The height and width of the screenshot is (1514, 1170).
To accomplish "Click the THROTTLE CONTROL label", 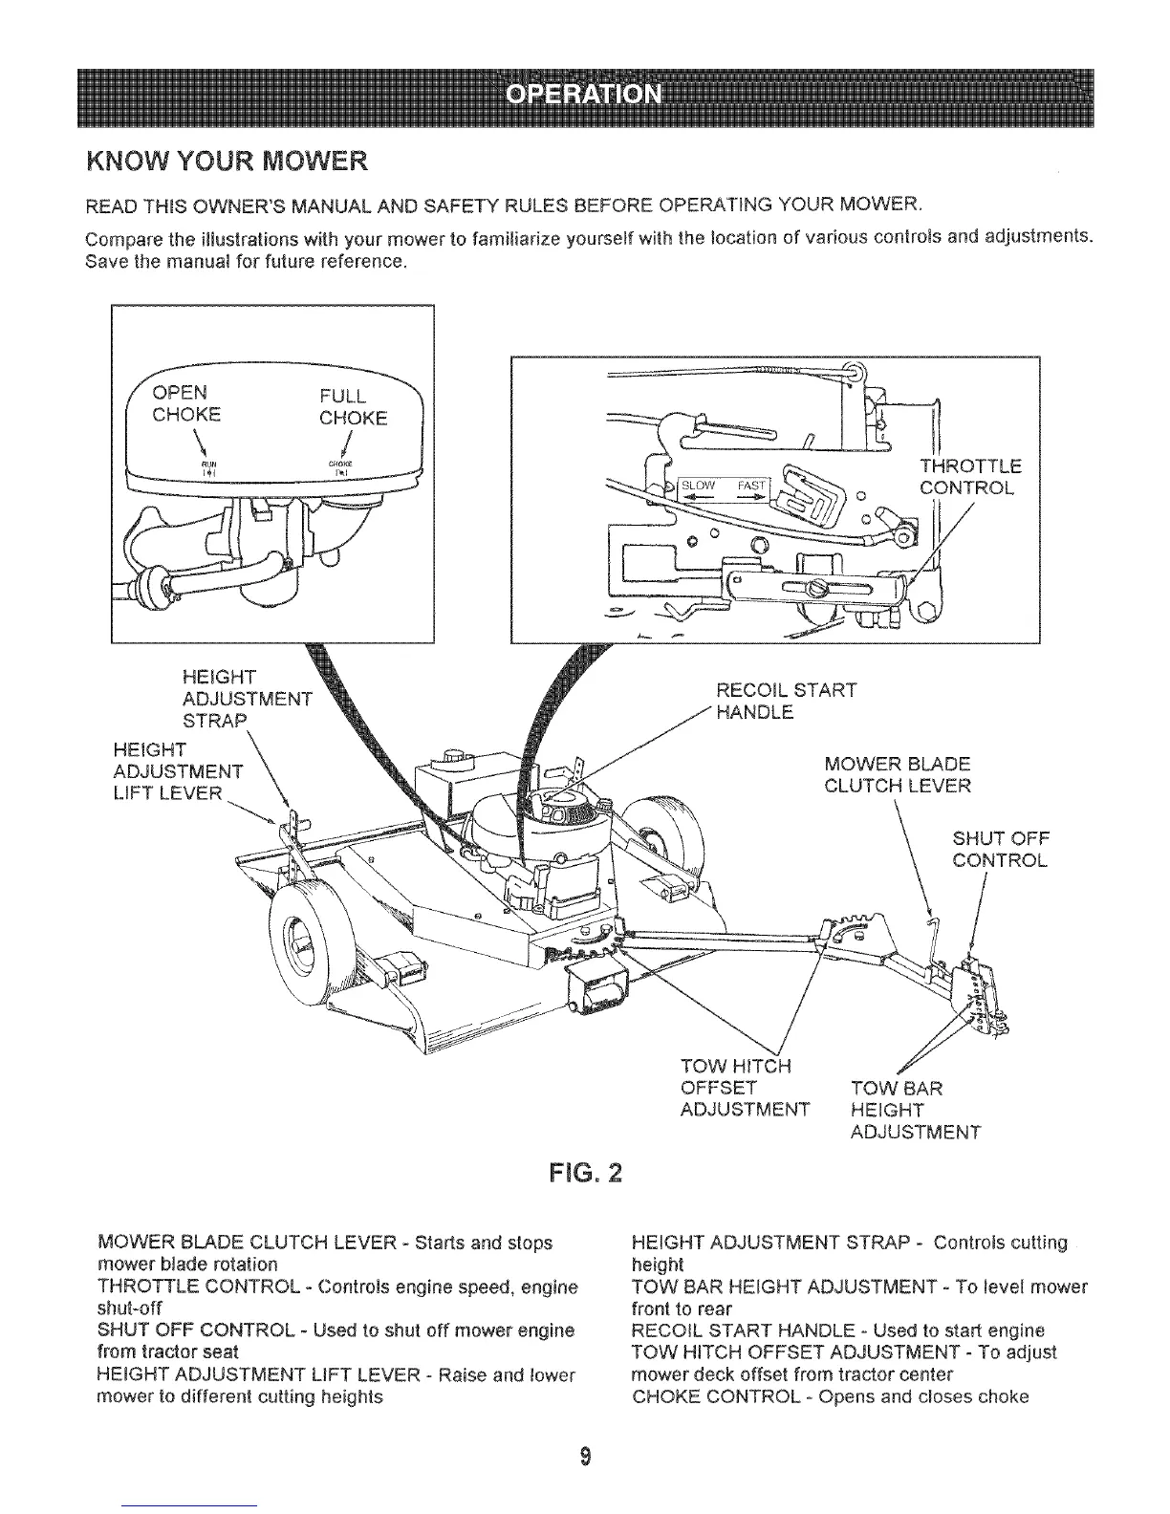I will click(x=969, y=477).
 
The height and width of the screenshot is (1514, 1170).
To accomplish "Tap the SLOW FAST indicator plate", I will click(x=724, y=486).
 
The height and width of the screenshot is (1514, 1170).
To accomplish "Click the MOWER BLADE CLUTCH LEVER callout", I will click(x=897, y=774).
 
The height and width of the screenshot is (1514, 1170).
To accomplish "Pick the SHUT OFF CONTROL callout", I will click(x=1000, y=850).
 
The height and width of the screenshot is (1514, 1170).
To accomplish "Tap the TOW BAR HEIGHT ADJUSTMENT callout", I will click(x=914, y=1110).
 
